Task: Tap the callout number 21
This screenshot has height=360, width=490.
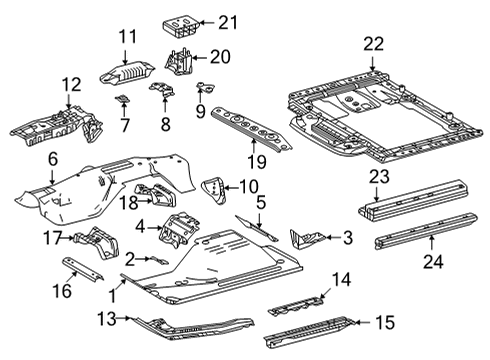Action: (x=229, y=22)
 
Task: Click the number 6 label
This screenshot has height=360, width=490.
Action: (x=53, y=158)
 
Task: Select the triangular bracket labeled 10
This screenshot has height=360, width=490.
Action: (x=214, y=187)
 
